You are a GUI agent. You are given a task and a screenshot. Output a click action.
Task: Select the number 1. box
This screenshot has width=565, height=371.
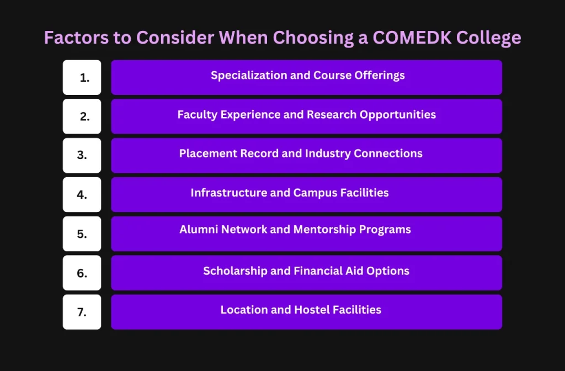pos(82,77)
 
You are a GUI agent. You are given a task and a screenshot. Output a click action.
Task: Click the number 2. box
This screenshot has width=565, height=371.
pos(82,116)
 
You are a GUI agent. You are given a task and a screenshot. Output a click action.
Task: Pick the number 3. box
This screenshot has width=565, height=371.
pos(82,156)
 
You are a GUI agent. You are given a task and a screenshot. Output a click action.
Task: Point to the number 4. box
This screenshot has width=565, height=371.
pos(82,194)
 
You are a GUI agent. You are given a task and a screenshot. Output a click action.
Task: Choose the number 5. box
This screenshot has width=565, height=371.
pos(82,234)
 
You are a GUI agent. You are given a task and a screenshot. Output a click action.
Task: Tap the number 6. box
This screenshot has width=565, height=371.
pos(82,273)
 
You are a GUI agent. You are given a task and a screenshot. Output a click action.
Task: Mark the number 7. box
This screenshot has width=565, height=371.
pos(82,312)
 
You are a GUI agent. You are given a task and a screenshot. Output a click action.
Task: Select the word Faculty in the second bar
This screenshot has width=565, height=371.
pos(197,115)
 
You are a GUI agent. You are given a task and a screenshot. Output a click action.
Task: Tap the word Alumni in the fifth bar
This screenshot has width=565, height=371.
pos(199,229)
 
